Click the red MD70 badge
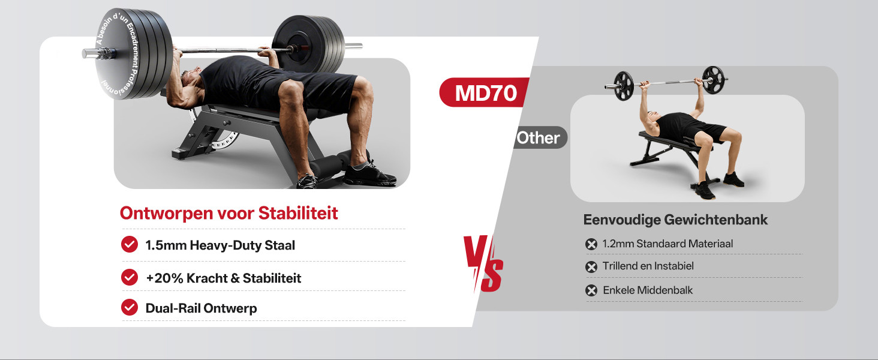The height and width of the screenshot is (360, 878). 484,92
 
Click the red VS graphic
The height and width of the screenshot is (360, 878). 483,263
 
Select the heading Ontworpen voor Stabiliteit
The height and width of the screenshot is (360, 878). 228,213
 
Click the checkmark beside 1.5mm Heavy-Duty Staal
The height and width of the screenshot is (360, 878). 130,244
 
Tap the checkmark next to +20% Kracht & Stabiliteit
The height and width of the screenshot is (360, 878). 130,277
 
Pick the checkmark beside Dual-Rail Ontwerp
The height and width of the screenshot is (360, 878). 130,307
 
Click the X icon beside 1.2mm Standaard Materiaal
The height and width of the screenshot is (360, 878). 591,244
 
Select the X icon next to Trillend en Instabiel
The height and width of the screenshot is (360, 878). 591,267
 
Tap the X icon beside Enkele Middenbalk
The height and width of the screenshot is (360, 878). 591,290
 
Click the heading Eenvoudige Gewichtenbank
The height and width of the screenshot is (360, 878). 675,220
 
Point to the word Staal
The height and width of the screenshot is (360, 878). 279,245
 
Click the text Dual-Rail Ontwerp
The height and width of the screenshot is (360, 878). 201,308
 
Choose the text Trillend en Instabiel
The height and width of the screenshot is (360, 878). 648,266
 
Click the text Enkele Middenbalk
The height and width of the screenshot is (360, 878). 648,290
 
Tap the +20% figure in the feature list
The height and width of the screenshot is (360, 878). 164,278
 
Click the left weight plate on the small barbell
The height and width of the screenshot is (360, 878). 623,86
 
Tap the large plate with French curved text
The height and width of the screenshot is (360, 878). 131,54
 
